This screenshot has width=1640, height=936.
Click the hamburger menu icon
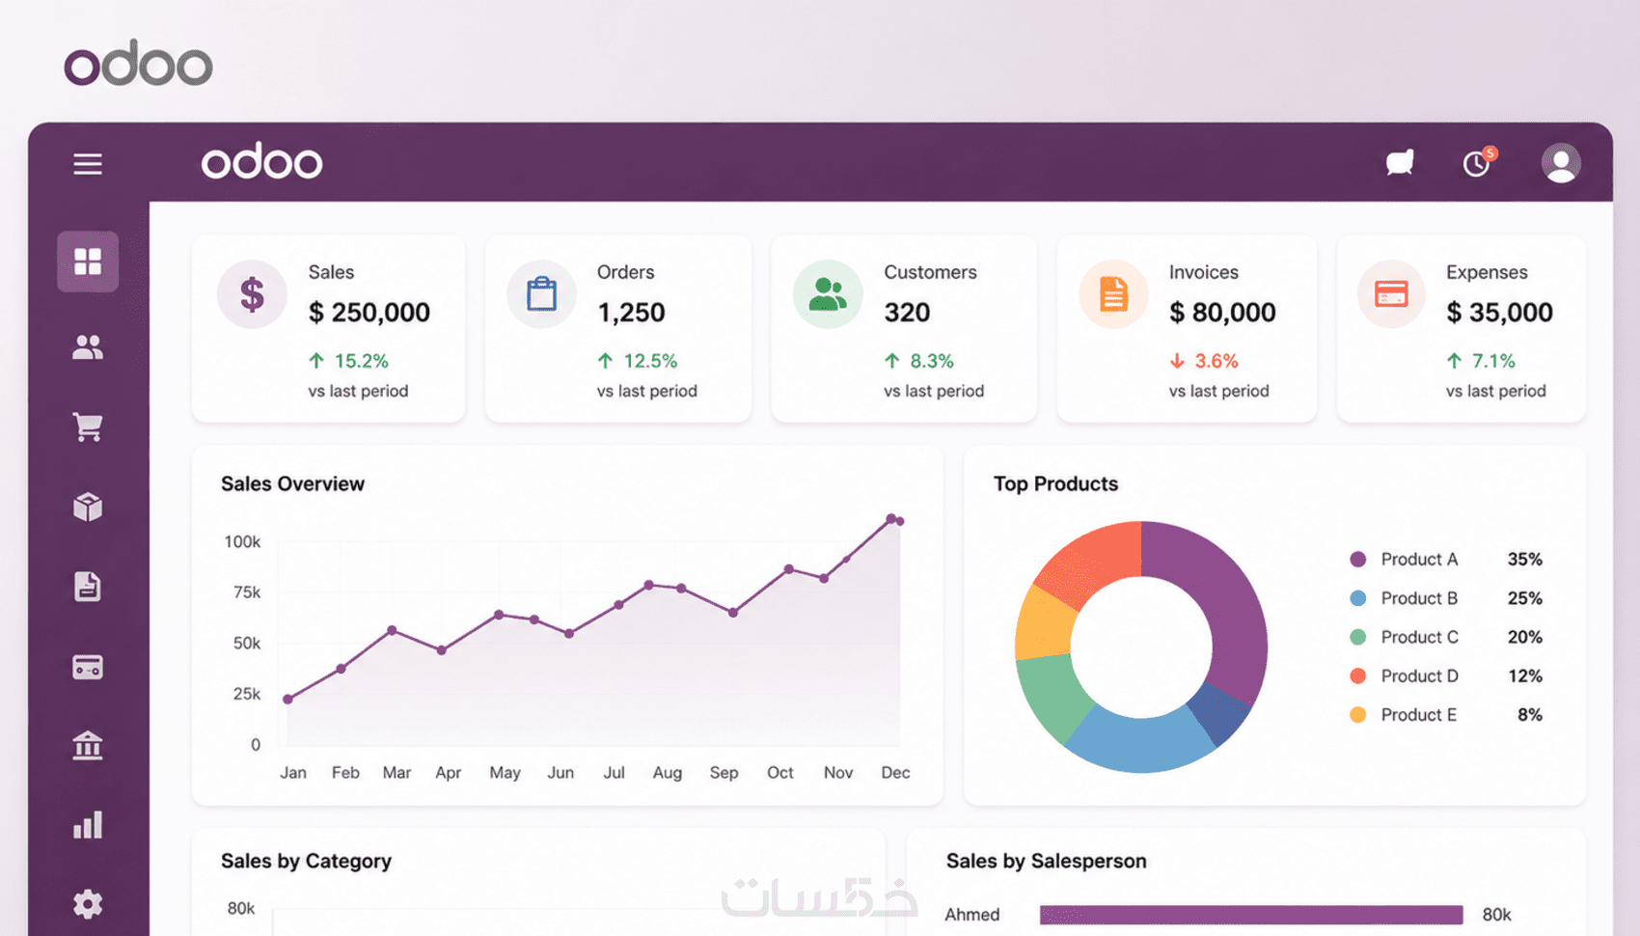(x=88, y=163)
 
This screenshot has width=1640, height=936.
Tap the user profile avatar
(x=1561, y=162)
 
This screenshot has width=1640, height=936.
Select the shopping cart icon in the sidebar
(x=88, y=427)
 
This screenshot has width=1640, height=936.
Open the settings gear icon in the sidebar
(x=88, y=904)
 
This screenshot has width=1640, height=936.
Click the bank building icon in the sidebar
(x=88, y=746)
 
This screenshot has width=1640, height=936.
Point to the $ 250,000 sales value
(x=369, y=313)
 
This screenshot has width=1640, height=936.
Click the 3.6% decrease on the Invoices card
(x=1204, y=361)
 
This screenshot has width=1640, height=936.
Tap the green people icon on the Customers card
(x=828, y=294)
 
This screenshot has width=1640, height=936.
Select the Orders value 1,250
(x=631, y=313)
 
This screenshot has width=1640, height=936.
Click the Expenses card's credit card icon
(x=1391, y=294)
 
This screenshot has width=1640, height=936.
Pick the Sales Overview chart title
(x=293, y=484)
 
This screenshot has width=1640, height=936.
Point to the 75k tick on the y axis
(x=247, y=592)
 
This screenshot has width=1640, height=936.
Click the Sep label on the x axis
(x=724, y=773)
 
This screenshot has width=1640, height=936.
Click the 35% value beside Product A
(x=1525, y=560)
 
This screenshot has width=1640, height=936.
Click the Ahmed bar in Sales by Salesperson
(x=1251, y=914)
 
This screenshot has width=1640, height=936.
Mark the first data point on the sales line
(x=287, y=700)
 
